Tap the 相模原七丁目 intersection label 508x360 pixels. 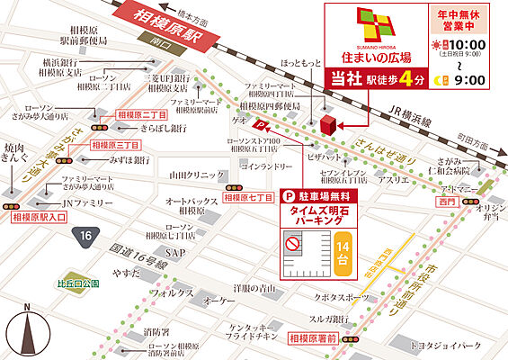coord(247,196)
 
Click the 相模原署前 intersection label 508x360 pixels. coord(313,338)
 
